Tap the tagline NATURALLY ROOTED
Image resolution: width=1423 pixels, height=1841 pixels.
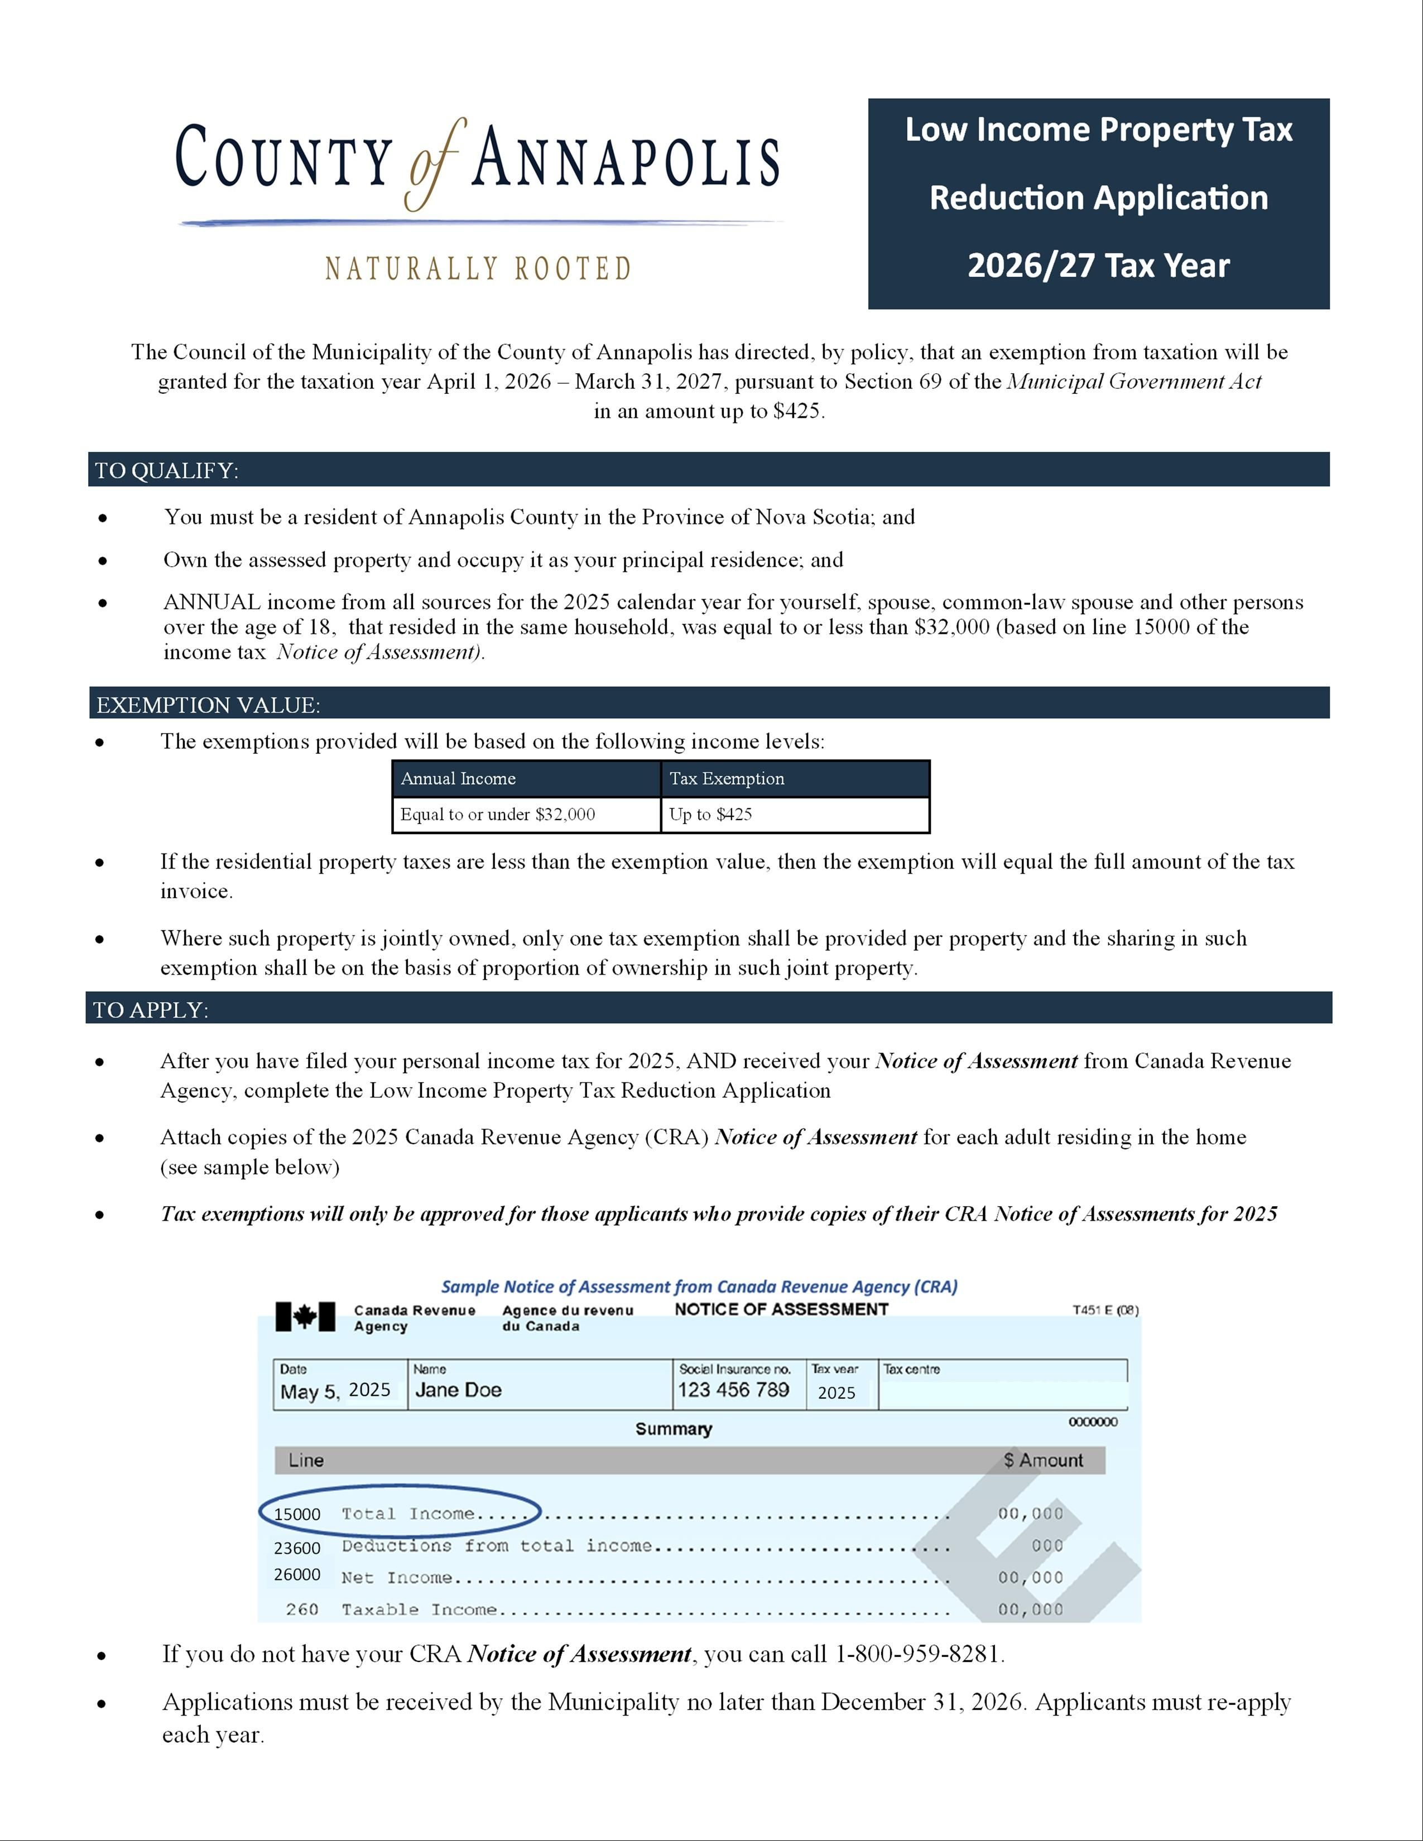pyautogui.click(x=478, y=269)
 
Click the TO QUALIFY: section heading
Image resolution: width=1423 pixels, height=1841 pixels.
pyautogui.click(x=166, y=470)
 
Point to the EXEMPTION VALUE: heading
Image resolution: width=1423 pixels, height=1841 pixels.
pyautogui.click(x=208, y=705)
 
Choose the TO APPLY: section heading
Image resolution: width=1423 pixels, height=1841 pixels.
pyautogui.click(x=150, y=1010)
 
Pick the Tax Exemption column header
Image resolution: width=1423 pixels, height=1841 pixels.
pyautogui.click(x=727, y=779)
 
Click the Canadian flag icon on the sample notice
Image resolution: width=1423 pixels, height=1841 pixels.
pyautogui.click(x=305, y=1317)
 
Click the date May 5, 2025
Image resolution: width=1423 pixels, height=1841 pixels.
pyautogui.click(x=335, y=1390)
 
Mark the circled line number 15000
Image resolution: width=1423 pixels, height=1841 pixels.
pyautogui.click(x=297, y=1514)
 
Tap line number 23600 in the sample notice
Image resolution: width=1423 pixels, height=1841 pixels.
pyautogui.click(x=297, y=1548)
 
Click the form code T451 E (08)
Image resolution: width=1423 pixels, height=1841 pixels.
pyautogui.click(x=1104, y=1310)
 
